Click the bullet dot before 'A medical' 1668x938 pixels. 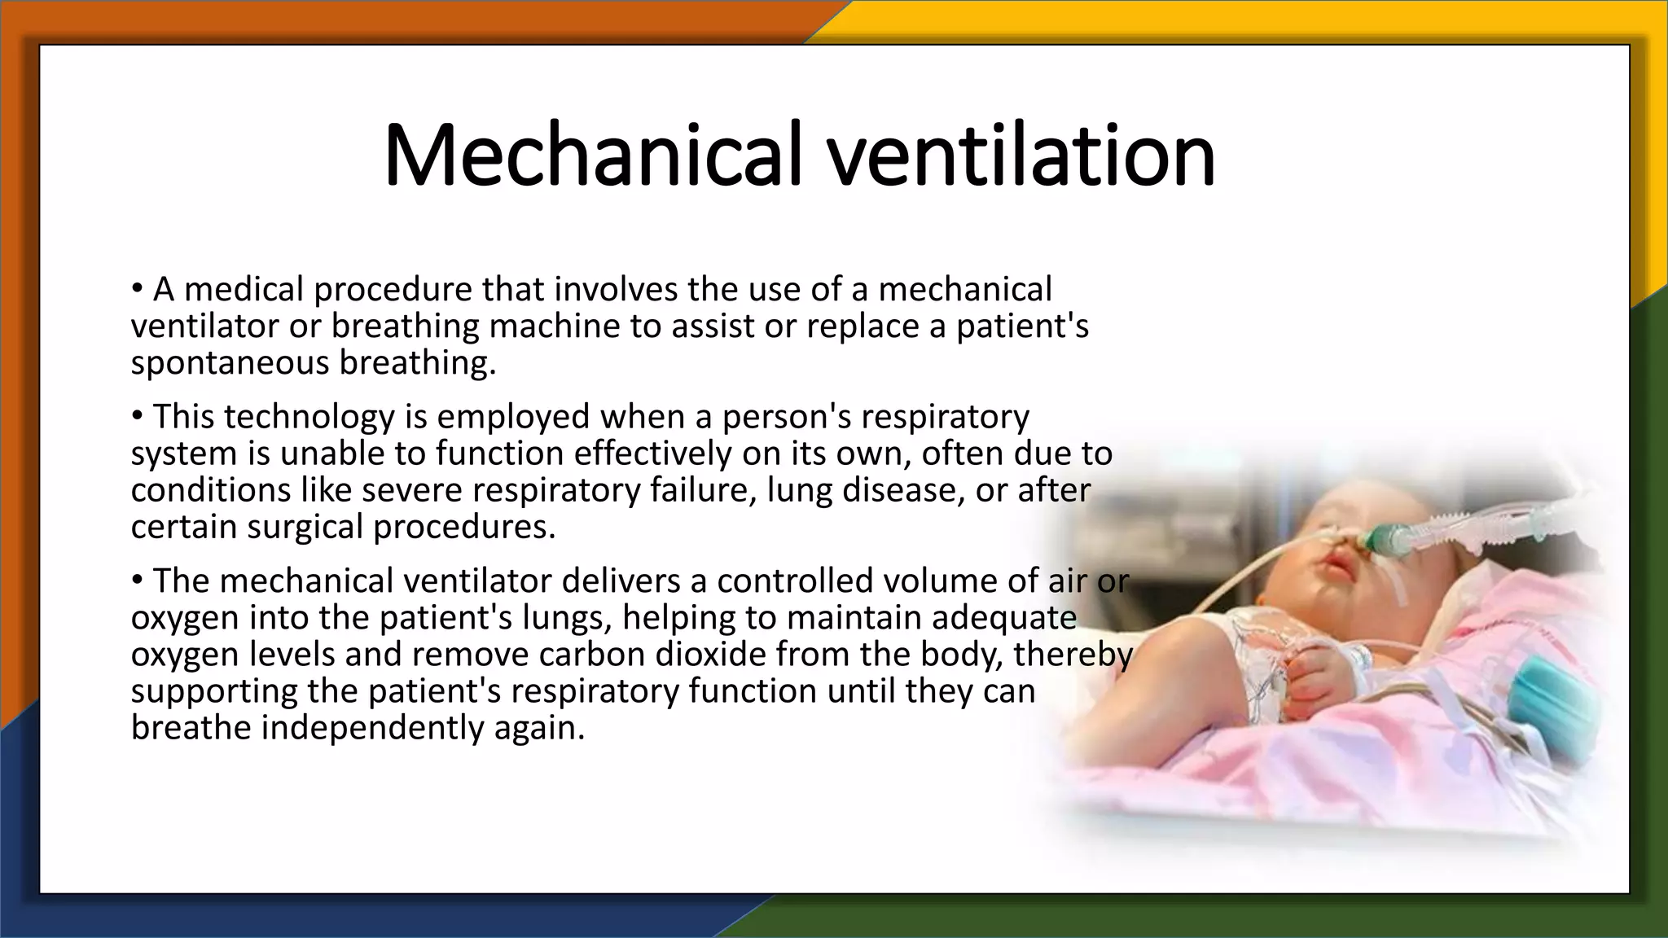(x=137, y=289)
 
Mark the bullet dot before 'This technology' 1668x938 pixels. (x=137, y=416)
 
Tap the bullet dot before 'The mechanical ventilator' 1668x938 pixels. (x=137, y=581)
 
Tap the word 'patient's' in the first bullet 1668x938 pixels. (x=1022, y=327)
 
